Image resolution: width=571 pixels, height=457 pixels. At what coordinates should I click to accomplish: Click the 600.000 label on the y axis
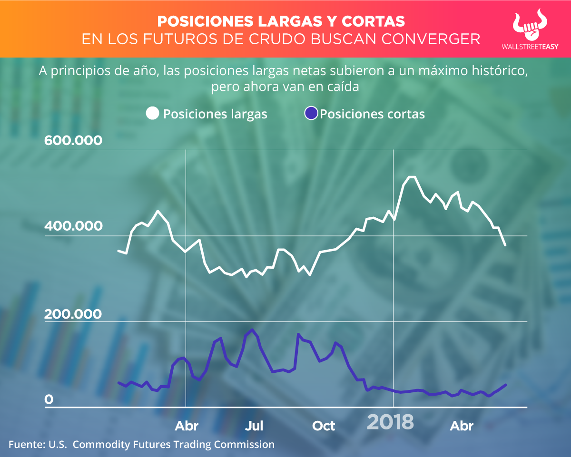click(x=73, y=141)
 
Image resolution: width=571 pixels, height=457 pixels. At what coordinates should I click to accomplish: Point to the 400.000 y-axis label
click(x=73, y=226)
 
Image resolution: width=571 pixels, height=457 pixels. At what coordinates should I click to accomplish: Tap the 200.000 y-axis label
click(x=73, y=314)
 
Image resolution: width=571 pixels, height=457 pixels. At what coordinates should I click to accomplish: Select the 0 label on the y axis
click(x=49, y=400)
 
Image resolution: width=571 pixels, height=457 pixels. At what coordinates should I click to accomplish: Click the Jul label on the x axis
click(x=254, y=426)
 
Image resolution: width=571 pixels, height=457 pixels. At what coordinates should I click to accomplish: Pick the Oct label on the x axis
click(x=324, y=426)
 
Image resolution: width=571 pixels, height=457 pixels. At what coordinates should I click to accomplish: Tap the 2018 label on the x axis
click(x=390, y=422)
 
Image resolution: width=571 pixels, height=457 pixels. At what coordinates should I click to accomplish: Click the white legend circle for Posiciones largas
click(x=153, y=114)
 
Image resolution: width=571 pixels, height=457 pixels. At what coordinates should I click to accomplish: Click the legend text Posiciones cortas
click(x=372, y=114)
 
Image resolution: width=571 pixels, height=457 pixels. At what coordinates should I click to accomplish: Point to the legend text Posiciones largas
click(x=215, y=114)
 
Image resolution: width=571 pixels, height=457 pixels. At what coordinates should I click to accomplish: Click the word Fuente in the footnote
click(x=25, y=445)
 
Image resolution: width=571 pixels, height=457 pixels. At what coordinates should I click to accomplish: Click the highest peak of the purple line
click(x=252, y=330)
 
